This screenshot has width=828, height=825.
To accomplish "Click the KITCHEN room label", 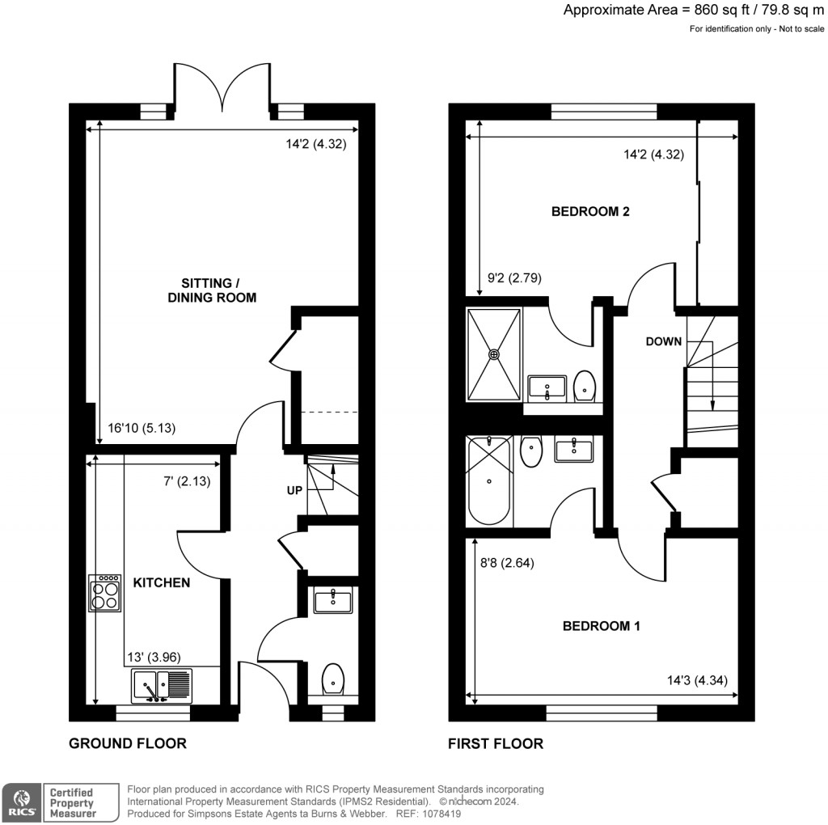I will click(162, 582).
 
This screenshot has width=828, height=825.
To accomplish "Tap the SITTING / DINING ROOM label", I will click(212, 290).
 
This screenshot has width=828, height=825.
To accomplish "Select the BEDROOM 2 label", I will click(590, 212).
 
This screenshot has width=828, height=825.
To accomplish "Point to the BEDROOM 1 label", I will click(602, 625).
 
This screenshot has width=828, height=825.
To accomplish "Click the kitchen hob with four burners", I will click(105, 592).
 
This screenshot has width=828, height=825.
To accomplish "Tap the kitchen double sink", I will click(161, 685).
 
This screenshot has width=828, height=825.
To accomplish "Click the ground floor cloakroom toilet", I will click(333, 679).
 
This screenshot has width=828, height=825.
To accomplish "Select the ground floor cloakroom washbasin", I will click(333, 601).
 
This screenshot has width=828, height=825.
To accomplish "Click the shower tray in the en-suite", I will click(493, 353).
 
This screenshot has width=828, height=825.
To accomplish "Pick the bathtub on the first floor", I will click(489, 480).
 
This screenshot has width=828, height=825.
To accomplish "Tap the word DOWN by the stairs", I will click(664, 341).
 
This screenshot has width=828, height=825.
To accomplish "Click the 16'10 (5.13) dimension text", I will click(142, 429).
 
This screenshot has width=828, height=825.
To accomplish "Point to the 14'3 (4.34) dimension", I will click(693, 680).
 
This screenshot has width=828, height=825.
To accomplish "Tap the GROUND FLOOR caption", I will click(128, 743).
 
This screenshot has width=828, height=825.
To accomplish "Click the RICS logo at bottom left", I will click(21, 802).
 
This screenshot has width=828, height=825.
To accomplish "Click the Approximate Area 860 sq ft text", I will click(694, 11).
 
